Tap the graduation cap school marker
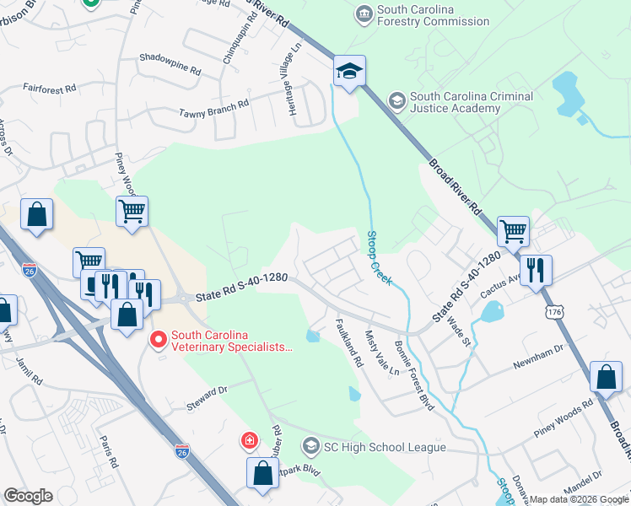(x=348, y=72)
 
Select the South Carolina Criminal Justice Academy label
(x=471, y=102)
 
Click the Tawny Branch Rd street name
(x=213, y=107)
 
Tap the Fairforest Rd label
(x=50, y=87)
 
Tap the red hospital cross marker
(x=249, y=440)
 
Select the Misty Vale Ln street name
(x=381, y=354)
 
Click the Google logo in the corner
(x=28, y=496)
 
